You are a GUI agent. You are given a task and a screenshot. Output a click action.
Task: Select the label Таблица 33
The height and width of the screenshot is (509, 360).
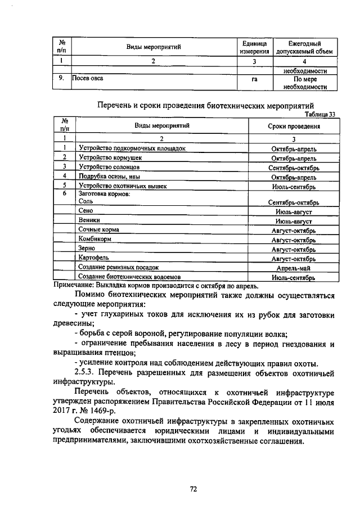[318, 114]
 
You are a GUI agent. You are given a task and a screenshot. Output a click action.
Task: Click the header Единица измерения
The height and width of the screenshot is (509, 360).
[255, 47]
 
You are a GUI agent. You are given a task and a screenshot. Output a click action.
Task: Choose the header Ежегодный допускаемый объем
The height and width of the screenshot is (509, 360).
[304, 47]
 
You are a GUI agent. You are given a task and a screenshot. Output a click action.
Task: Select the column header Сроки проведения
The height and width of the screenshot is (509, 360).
[294, 127]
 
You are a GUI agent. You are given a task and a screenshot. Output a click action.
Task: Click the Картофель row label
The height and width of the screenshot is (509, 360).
[93, 258]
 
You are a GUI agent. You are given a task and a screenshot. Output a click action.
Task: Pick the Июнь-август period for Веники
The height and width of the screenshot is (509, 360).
[294, 221]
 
